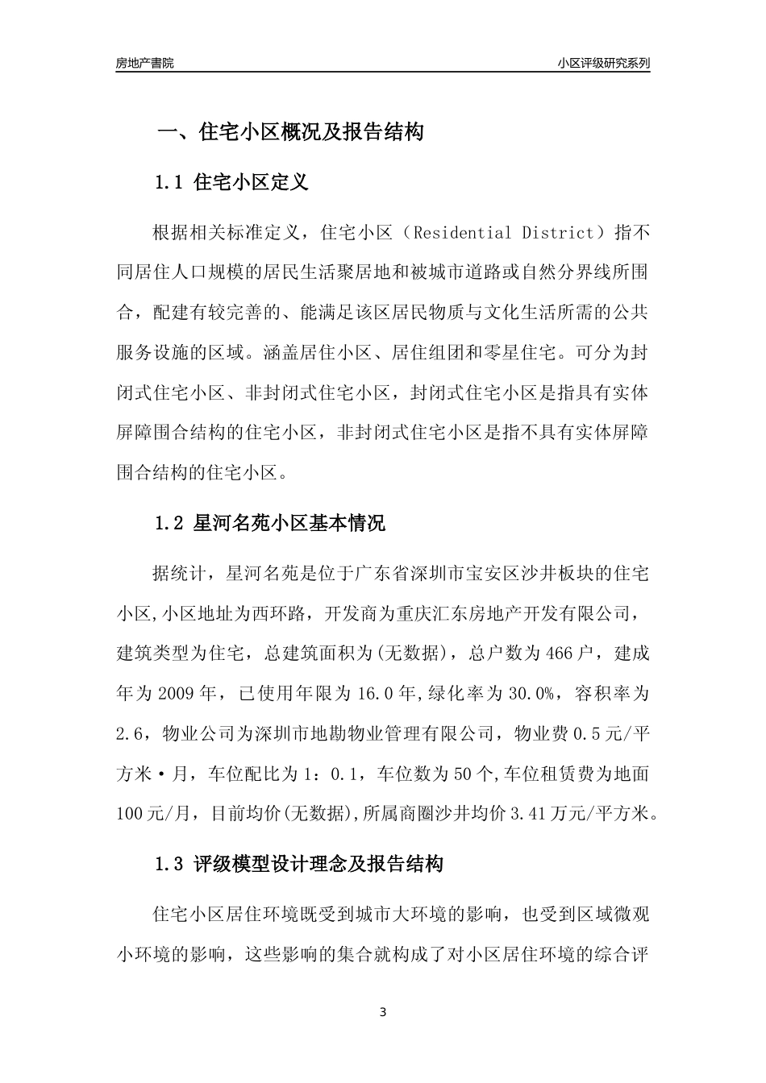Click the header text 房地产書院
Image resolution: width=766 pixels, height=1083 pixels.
[144, 63]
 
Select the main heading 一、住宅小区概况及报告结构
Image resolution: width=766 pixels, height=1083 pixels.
[289, 132]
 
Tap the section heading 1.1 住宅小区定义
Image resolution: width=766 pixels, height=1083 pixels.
[231, 182]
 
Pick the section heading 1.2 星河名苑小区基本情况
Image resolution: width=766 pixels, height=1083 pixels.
[270, 523]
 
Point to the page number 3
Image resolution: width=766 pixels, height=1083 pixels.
[383, 1012]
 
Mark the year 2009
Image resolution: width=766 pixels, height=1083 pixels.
[177, 693]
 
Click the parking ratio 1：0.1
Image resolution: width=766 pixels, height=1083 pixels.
[328, 774]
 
